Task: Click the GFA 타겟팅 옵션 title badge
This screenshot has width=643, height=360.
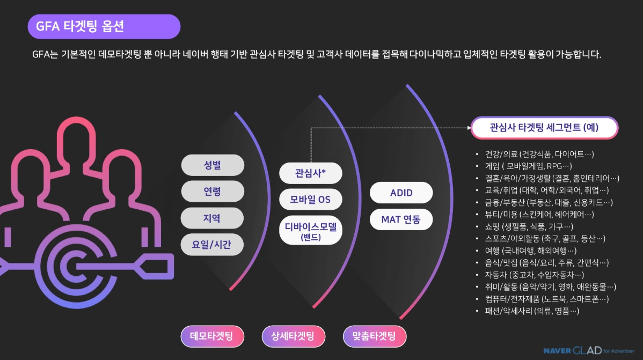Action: coord(104,27)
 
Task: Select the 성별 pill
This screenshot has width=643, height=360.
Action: coord(213,165)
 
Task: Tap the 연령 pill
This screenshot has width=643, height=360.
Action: coord(213,192)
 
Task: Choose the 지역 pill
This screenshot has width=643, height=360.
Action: coord(213,218)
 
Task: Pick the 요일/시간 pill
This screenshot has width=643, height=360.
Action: coord(213,245)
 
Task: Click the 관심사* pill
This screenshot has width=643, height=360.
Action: coord(310,173)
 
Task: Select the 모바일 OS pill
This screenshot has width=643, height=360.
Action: coord(310,200)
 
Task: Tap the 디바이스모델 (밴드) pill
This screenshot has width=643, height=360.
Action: coord(310,230)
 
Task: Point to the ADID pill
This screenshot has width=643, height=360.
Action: coord(401,193)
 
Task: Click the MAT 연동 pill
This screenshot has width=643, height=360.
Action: coord(401,219)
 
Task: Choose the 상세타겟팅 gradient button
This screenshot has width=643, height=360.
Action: coord(294,336)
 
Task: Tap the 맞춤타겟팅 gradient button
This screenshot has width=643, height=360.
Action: coord(374,336)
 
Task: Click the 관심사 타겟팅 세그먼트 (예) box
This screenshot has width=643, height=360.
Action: coord(544,128)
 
